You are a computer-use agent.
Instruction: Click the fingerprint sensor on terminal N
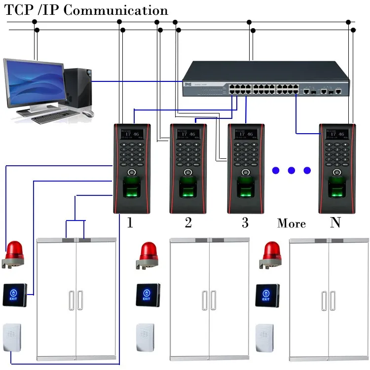tap(337, 190)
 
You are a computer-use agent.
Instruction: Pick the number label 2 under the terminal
tap(188, 223)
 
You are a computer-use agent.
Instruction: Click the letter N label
tap(335, 223)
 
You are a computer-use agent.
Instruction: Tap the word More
tap(292, 223)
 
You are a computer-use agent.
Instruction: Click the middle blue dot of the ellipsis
tap(291, 171)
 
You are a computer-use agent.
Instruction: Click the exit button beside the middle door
tap(147, 295)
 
